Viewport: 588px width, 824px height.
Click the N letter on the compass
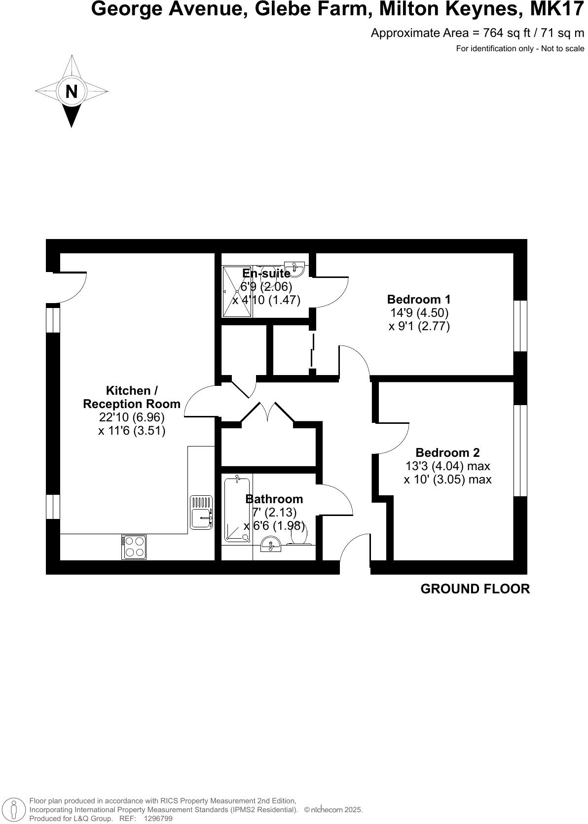[x=72, y=92]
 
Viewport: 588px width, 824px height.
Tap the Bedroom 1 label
[x=418, y=299]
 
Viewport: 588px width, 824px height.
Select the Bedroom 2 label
[x=447, y=452]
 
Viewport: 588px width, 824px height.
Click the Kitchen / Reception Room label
[x=132, y=397]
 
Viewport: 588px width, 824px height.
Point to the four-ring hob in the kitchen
[x=134, y=547]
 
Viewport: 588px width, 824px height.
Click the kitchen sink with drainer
[x=201, y=512]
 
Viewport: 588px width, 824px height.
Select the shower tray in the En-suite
[x=237, y=291]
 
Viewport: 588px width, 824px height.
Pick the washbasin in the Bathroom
[x=270, y=546]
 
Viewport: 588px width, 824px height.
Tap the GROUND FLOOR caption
[x=475, y=589]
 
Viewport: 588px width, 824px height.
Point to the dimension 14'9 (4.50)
[x=419, y=312]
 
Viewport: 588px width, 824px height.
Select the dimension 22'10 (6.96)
[x=132, y=417]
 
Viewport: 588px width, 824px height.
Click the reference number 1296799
[x=158, y=819]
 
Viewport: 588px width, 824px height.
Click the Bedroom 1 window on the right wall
[x=520, y=326]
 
